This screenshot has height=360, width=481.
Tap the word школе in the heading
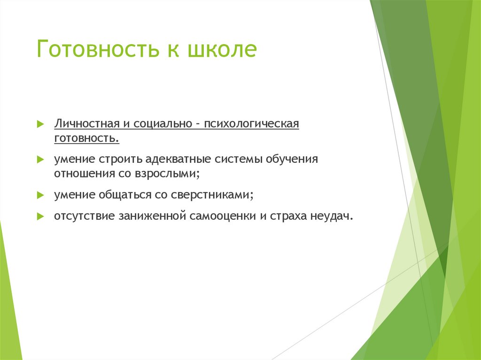[x=222, y=50]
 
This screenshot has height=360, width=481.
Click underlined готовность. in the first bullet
[x=86, y=138]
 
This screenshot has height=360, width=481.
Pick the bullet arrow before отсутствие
[x=40, y=217]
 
